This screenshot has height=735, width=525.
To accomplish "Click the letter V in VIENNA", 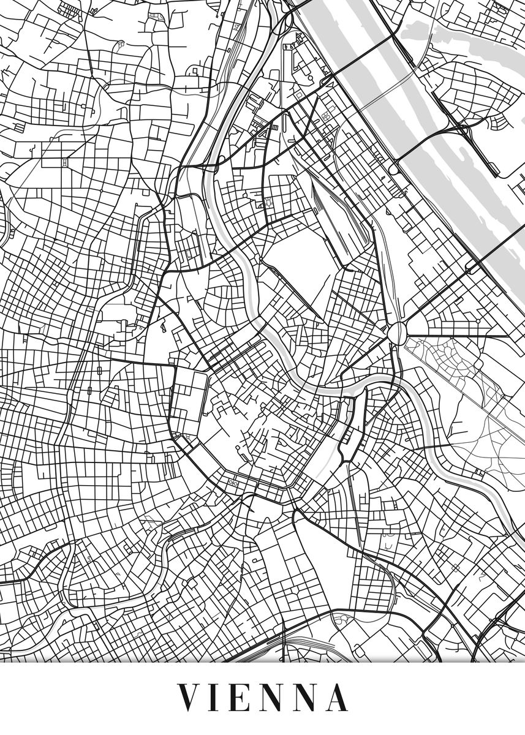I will (191, 698).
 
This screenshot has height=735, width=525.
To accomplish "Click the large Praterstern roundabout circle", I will (398, 333).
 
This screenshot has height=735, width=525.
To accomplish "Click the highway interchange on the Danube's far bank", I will (463, 129).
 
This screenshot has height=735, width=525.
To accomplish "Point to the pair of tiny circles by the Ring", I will (233, 482).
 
